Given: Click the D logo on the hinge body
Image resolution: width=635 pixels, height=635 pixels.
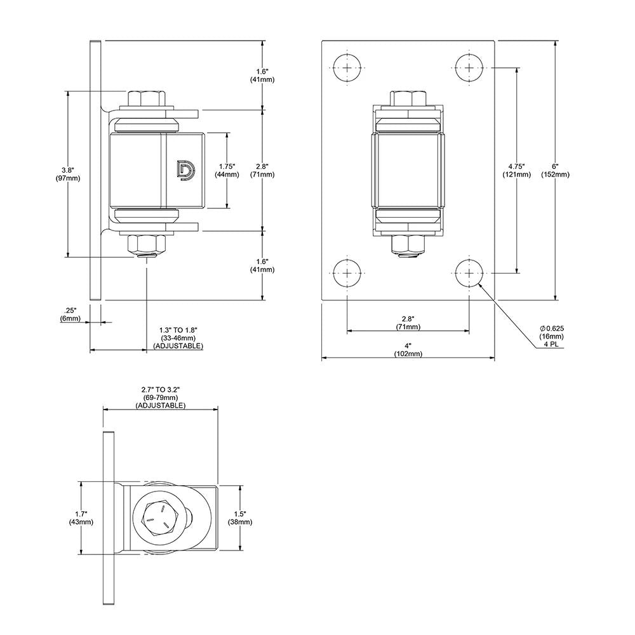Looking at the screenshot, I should pos(185,170).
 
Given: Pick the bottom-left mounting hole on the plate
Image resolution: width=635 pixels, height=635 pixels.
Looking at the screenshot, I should pos(347,273).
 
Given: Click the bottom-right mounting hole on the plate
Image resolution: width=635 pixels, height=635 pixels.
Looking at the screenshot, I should pos(469,273).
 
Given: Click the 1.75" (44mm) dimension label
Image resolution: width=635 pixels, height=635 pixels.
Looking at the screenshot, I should pos(226,170).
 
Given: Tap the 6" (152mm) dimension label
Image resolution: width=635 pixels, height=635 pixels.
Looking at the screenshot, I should pos(554,170).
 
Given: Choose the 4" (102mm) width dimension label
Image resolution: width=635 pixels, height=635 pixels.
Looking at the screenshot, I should pos(408,350).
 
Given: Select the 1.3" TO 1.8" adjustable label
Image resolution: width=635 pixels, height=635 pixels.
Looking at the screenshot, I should pos(178,338).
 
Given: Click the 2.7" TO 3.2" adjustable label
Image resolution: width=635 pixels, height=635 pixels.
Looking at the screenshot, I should pos(160,397).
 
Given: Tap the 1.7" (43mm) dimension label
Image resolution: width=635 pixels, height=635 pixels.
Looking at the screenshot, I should pos(81,518).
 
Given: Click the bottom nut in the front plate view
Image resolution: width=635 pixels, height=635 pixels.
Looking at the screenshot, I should pos(408,244).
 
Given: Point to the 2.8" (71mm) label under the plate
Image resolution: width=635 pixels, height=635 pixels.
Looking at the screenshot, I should pos(408,323).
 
